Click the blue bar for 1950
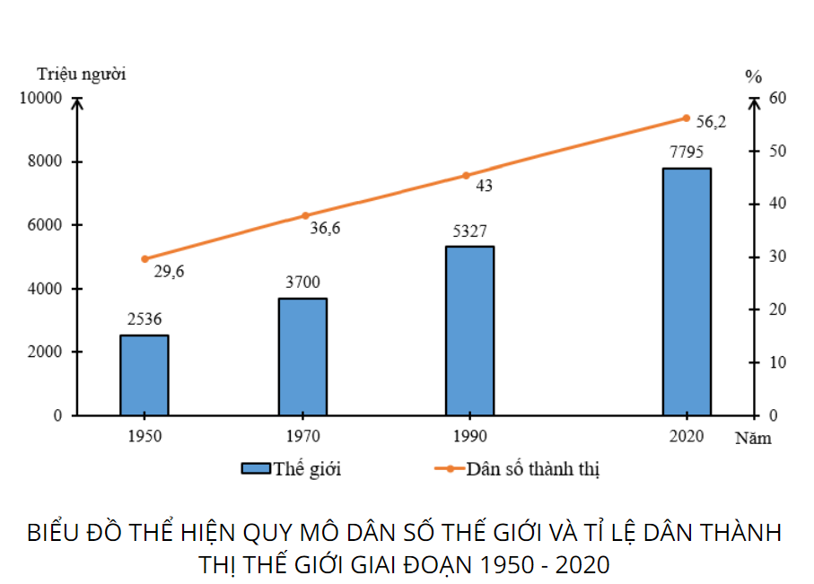pos(144,375)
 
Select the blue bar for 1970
pos(302,356)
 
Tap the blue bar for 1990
pos(469,330)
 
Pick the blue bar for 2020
pos(687,292)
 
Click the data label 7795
pos(687,151)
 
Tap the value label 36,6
pos(325,229)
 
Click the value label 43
pos(484,187)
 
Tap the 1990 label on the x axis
pos(470,437)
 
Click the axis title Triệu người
pos(81,74)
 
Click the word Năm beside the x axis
pos(753,439)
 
